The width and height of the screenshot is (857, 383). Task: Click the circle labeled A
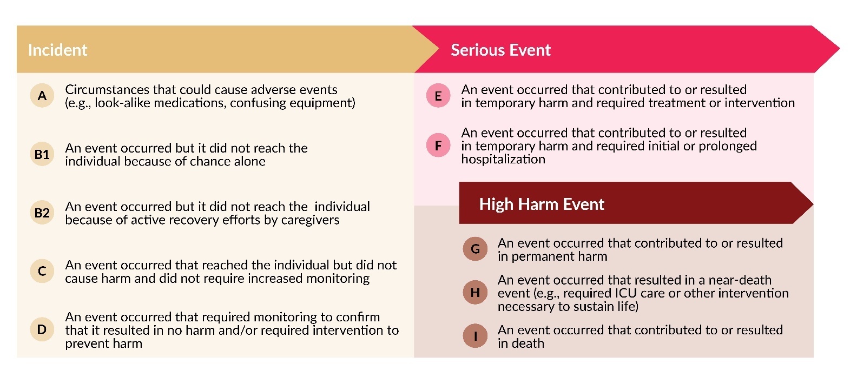42,96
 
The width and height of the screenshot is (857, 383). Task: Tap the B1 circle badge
42,154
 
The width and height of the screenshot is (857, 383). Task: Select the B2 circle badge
42,213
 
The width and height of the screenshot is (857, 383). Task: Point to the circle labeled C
42,271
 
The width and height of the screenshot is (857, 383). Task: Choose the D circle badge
42,329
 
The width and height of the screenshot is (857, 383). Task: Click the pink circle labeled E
438,96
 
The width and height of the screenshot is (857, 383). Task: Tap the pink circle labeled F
438,146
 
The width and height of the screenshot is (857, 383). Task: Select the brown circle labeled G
475,249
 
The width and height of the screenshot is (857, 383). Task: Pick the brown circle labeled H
475,293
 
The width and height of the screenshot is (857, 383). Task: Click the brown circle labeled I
475,336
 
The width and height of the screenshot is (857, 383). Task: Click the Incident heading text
57,50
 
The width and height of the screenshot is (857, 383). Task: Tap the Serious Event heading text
500,50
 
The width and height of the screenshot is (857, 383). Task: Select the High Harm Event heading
542,204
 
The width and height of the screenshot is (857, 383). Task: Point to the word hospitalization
503,159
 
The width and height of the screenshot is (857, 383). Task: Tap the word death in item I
528,344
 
